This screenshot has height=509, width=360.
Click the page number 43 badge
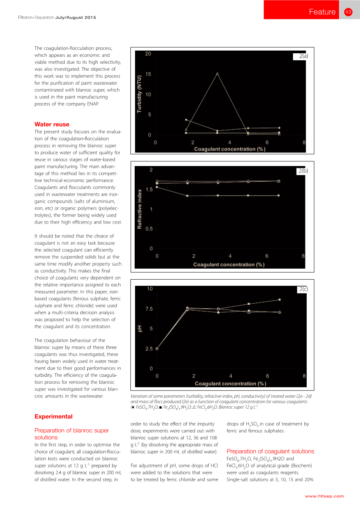point(348,12)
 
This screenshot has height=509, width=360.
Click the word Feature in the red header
point(322,12)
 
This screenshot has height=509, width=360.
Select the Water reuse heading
point(52,124)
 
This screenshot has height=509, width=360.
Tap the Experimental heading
point(53,416)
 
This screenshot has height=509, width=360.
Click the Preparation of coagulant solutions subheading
point(270,451)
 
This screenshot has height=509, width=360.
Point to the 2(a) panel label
point(303,56)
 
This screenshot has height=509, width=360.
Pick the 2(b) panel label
point(303,171)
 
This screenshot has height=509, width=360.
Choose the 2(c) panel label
point(303,289)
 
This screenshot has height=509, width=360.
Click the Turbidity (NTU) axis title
point(139,94)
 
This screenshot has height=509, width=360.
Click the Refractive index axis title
point(139,209)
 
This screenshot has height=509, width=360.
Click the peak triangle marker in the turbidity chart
point(217,73)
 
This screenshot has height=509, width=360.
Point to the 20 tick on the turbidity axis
point(148,54)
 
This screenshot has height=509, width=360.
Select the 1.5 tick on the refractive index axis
point(149,189)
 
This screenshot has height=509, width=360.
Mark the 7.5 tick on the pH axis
point(149,309)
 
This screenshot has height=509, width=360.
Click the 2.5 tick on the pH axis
point(149,349)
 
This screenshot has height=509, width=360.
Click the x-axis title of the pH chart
point(230,384)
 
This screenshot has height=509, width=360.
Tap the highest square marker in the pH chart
point(279,299)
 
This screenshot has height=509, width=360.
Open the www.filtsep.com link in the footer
point(324,496)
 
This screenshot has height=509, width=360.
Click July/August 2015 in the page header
point(76,17)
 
